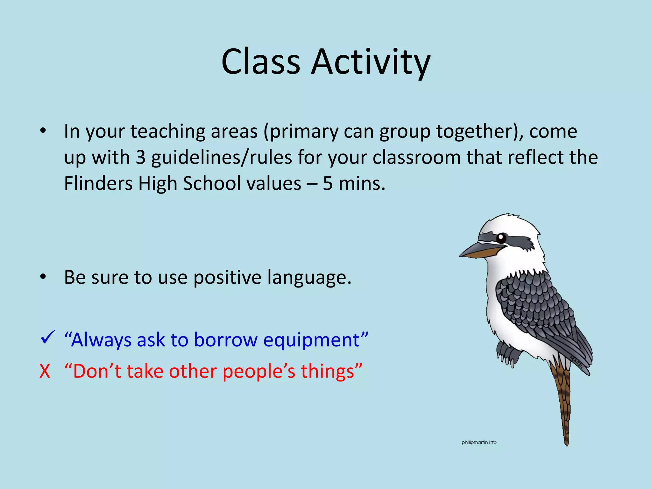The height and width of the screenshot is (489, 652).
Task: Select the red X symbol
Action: click(45, 371)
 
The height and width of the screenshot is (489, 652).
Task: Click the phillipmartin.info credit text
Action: click(479, 443)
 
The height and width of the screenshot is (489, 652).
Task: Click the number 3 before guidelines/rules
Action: click(140, 158)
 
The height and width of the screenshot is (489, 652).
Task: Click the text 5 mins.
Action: click(354, 184)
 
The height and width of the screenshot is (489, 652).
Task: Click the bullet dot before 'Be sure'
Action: click(43, 277)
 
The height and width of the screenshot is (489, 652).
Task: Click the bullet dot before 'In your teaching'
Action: click(43, 131)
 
